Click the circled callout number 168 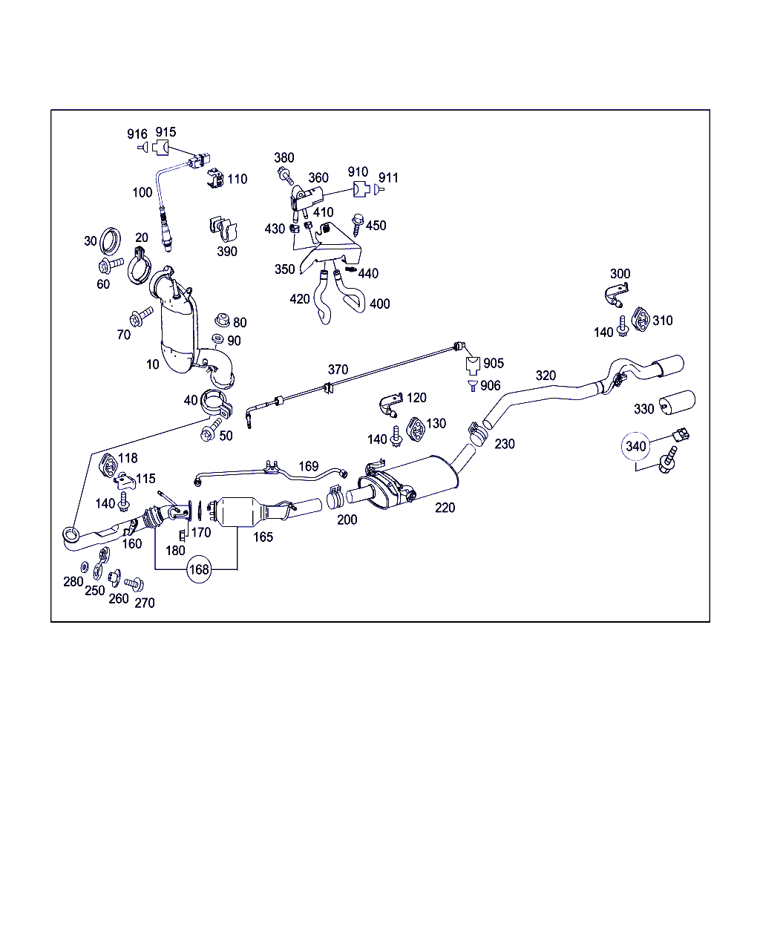click(x=199, y=569)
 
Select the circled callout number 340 click(x=636, y=446)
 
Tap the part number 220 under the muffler click(x=445, y=508)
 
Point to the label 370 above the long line click(x=338, y=370)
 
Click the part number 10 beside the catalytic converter click(x=153, y=364)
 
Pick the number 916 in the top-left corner click(x=137, y=134)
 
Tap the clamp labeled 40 click(x=217, y=404)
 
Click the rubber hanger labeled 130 click(x=416, y=428)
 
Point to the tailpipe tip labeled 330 click(x=677, y=403)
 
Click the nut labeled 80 click(x=220, y=321)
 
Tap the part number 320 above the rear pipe click(x=546, y=376)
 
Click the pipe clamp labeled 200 click(x=335, y=495)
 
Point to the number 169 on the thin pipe click(x=308, y=467)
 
